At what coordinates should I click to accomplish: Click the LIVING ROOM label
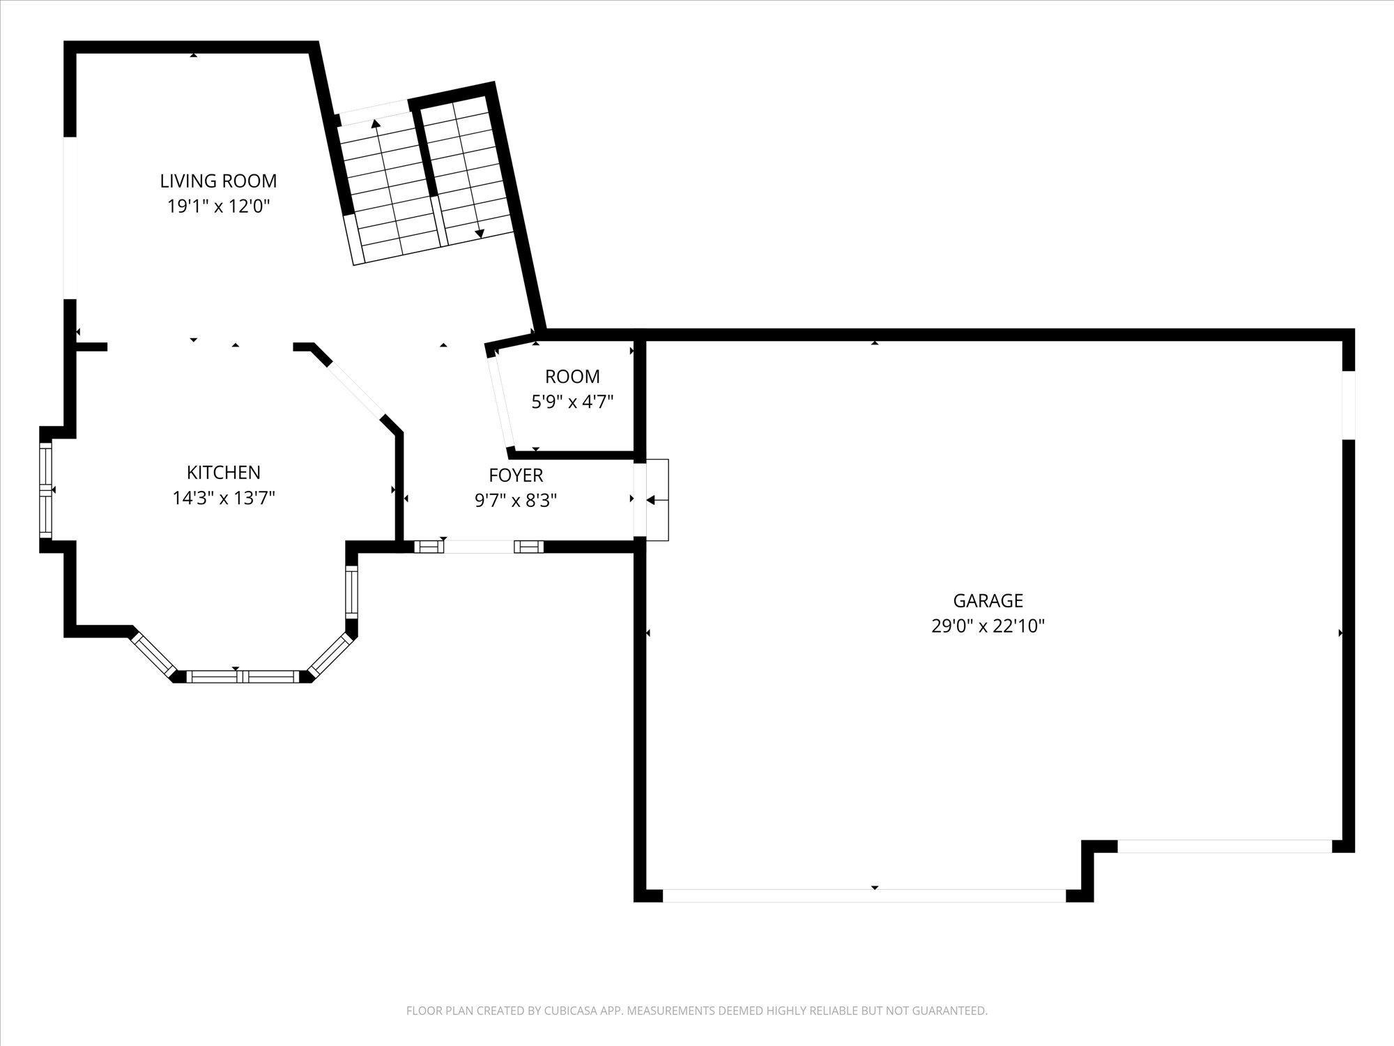tap(218, 181)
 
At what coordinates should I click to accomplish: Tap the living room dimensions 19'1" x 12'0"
tap(218, 207)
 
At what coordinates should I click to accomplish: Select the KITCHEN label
tap(224, 473)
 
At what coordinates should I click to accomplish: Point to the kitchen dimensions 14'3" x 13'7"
tap(224, 499)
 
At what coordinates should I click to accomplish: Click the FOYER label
tap(516, 476)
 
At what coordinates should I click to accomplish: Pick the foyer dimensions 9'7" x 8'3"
tap(516, 501)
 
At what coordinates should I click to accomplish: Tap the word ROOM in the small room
tap(572, 377)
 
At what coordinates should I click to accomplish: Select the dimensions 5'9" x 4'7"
tap(572, 402)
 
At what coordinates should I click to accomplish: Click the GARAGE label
tap(988, 600)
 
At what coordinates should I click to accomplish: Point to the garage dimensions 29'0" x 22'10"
tap(988, 626)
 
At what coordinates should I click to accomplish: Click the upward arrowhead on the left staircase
tap(376, 124)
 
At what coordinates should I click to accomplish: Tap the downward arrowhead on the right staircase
tap(480, 234)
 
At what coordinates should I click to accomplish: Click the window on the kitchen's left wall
tap(46, 490)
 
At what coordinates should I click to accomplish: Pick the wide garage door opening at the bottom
tap(864, 896)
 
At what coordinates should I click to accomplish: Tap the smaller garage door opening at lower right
tap(1225, 847)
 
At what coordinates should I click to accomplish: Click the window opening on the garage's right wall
tap(1349, 405)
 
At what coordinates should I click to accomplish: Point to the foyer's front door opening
tap(479, 547)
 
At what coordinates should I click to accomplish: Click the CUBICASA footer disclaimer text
tap(697, 1010)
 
